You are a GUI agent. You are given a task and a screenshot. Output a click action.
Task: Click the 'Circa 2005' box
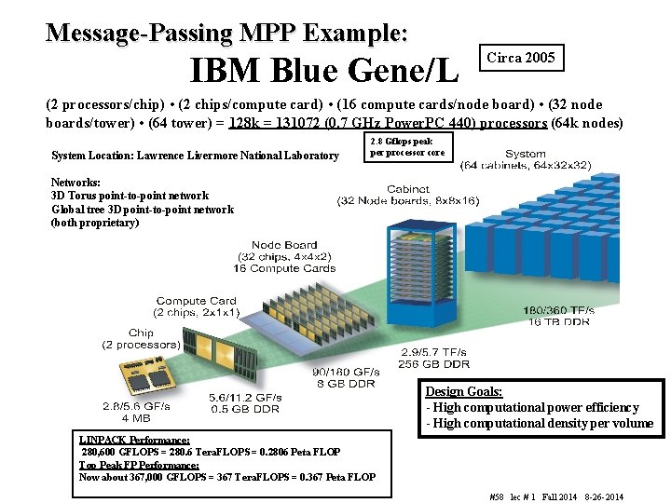tap(521, 58)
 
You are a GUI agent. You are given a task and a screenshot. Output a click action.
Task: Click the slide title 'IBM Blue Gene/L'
tap(324, 68)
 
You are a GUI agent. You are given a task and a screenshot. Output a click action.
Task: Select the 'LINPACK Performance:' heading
tap(134, 440)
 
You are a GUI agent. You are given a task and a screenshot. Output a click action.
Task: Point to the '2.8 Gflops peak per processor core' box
tap(409, 147)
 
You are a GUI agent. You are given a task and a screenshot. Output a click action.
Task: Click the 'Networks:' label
tap(76, 183)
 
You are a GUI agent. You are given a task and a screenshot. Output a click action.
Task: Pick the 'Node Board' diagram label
tap(284, 246)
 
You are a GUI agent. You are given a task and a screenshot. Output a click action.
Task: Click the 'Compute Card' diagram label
tap(196, 301)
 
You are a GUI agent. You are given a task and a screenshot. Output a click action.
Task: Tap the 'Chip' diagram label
tap(142, 333)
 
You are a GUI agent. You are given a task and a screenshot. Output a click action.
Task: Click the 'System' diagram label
tap(526, 154)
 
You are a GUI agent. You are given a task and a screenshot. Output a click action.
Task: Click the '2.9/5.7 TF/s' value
tap(435, 353)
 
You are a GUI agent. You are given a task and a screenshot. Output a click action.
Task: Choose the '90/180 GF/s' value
tap(345, 372)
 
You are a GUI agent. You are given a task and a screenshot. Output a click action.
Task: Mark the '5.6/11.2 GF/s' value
tap(245, 397)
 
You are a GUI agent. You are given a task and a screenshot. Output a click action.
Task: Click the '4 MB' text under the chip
tap(143, 418)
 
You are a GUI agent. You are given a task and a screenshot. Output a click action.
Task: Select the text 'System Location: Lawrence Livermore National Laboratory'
tap(195, 156)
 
